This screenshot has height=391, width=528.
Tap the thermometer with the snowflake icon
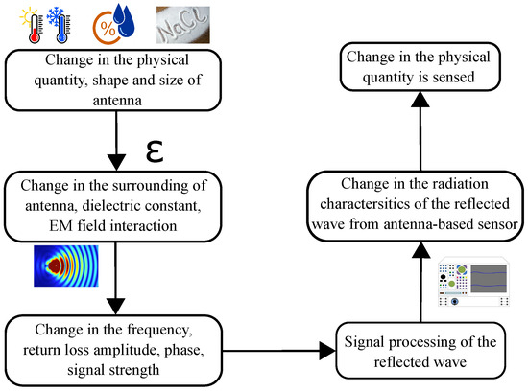54,25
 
